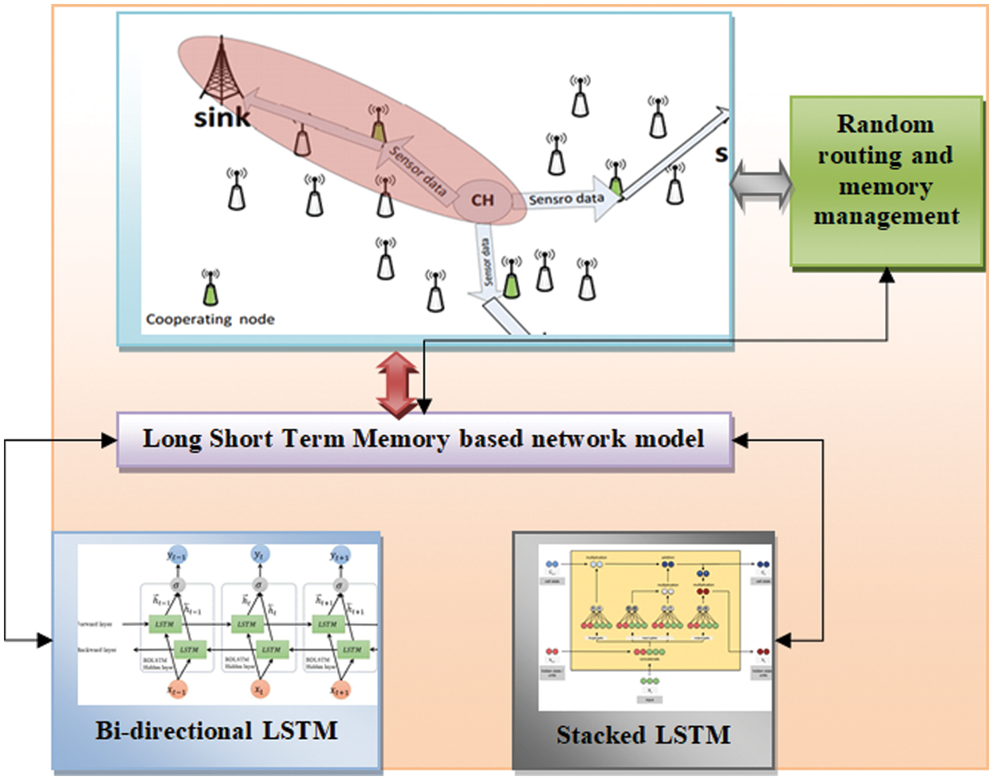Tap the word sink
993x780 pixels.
click(222, 118)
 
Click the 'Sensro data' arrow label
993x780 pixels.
click(566, 199)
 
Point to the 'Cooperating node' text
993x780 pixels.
click(210, 319)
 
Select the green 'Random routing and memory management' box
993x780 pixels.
click(886, 181)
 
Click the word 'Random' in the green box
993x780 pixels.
click(885, 125)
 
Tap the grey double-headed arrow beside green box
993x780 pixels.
click(761, 187)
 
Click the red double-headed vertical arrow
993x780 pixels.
click(397, 384)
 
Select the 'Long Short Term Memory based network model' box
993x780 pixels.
click(423, 439)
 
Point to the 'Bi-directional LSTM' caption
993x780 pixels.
click(216, 731)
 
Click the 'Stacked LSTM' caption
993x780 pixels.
click(643, 735)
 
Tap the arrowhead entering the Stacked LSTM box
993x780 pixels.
click(783, 640)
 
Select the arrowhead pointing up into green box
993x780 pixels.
click(887, 276)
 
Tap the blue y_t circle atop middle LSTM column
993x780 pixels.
click(259, 555)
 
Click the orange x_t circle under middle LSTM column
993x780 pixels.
click(260, 689)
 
